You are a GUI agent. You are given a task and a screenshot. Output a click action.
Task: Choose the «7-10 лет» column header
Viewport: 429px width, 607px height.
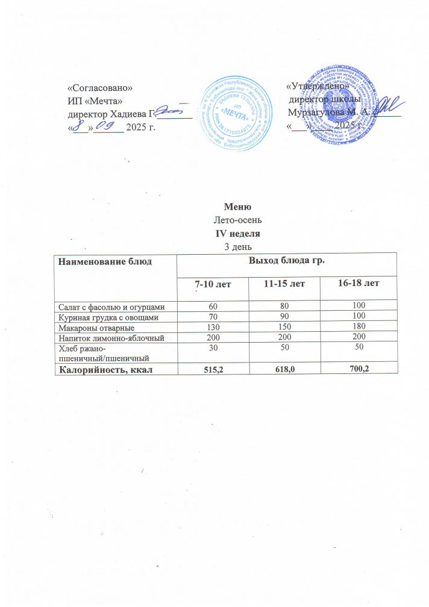point(214,283)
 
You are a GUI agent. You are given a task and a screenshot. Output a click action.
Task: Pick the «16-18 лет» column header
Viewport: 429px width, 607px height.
point(359,283)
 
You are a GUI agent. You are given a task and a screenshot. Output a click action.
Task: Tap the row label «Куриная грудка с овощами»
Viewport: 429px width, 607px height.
point(107,316)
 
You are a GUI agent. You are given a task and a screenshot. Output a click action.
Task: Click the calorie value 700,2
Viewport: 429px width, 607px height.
point(359,369)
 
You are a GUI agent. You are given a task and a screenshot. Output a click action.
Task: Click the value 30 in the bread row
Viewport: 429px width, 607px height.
point(214,347)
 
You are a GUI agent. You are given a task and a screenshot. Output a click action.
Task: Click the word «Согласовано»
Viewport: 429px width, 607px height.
point(101,88)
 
